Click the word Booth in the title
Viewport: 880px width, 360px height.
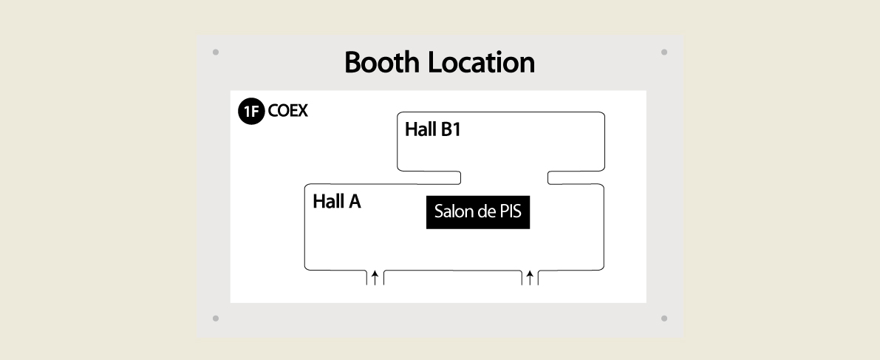click(x=382, y=62)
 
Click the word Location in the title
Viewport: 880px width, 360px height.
click(x=482, y=62)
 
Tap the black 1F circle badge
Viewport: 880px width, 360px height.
click(x=251, y=111)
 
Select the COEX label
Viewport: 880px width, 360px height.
click(x=288, y=111)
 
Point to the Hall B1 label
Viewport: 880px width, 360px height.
click(x=433, y=130)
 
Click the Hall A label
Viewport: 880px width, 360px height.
click(x=337, y=201)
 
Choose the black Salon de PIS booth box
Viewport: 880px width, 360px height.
click(x=478, y=212)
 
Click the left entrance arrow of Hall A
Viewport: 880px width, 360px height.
click(x=375, y=277)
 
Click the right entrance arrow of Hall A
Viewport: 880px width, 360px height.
click(x=530, y=277)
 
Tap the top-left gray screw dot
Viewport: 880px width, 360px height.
click(x=216, y=52)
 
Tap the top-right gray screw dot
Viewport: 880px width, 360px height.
click(x=664, y=52)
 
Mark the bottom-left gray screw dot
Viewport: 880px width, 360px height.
click(x=216, y=319)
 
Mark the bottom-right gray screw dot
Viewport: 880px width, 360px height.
click(x=664, y=319)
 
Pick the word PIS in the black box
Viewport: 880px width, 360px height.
click(x=510, y=211)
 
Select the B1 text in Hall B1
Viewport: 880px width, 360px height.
click(x=451, y=130)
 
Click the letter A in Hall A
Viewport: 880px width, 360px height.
click(x=354, y=201)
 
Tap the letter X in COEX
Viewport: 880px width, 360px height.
click(x=302, y=111)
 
